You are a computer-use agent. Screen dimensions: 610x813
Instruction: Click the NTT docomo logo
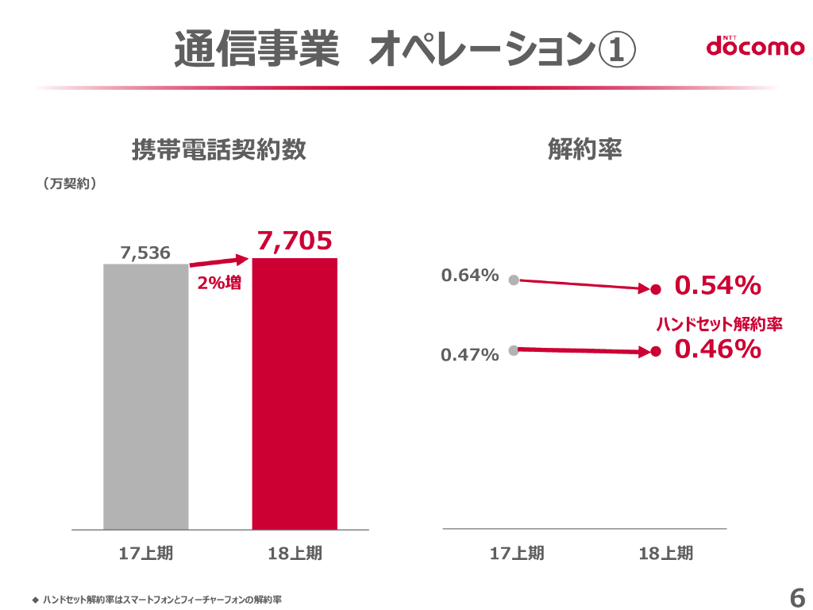(754, 46)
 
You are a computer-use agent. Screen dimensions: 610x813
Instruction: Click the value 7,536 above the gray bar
(145, 253)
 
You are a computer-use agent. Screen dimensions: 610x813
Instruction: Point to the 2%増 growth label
(219, 282)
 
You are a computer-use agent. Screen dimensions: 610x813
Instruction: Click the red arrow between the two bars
(219, 261)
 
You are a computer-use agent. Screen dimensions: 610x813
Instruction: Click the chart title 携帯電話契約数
(218, 150)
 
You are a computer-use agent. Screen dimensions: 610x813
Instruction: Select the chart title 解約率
(584, 150)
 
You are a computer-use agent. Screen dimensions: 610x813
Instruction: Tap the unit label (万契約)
(70, 183)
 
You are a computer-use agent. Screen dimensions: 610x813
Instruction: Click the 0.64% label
(470, 276)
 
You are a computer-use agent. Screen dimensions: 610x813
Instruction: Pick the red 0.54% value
(718, 286)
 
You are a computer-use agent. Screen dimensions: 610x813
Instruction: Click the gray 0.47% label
(470, 354)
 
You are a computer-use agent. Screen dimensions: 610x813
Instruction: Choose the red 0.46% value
(718, 349)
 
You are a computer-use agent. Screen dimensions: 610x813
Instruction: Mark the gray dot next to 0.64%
(514, 280)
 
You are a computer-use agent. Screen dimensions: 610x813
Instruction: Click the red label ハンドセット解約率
(719, 324)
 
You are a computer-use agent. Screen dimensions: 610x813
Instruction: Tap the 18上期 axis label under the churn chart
(665, 553)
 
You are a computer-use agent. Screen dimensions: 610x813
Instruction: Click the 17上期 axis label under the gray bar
(146, 553)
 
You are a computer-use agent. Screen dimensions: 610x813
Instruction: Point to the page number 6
(796, 597)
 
